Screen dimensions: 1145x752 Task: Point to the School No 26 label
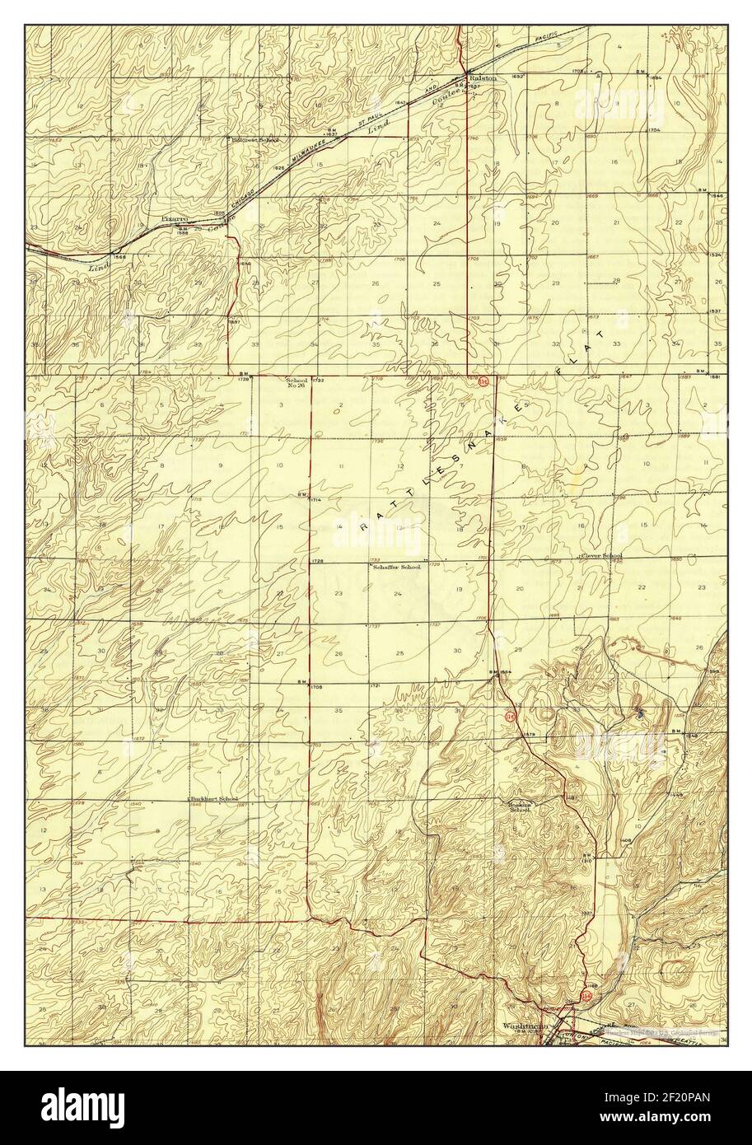tap(297, 383)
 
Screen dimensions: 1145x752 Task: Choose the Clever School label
tap(602, 556)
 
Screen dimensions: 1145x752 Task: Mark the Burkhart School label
tap(215, 799)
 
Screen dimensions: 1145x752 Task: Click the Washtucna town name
tap(522, 1026)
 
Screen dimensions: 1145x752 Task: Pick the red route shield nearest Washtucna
tap(586, 996)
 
